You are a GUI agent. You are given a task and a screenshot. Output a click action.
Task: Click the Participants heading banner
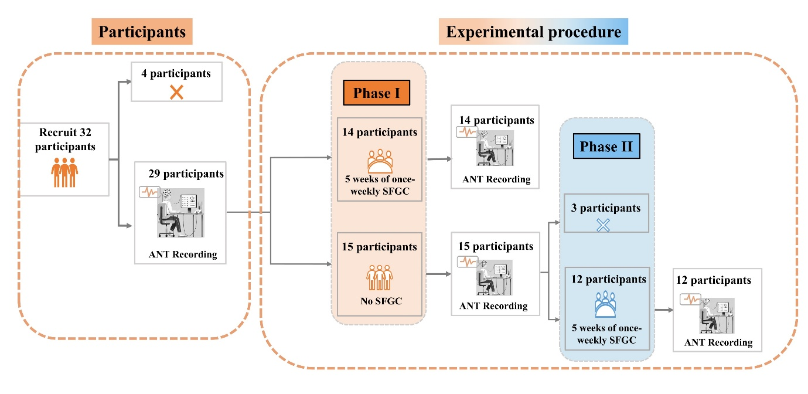click(x=142, y=32)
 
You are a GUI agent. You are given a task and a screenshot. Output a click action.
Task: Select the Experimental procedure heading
click(x=533, y=32)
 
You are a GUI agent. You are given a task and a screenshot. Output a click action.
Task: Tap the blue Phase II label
click(x=606, y=146)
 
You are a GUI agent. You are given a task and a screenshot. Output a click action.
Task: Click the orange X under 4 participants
click(x=176, y=92)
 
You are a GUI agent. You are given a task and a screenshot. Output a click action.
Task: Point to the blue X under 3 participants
click(x=603, y=225)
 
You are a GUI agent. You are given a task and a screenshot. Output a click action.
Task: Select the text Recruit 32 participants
click(x=64, y=140)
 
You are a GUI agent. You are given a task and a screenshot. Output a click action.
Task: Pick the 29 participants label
click(x=186, y=174)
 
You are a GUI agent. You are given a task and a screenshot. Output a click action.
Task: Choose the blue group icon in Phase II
click(x=605, y=305)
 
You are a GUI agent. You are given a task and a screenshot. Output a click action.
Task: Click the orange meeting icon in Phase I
click(x=379, y=160)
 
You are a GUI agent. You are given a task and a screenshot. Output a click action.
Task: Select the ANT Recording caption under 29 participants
click(x=182, y=254)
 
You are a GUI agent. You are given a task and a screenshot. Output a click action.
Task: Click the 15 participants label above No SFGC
click(x=380, y=247)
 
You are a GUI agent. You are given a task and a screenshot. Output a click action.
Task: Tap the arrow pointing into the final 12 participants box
click(x=662, y=310)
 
